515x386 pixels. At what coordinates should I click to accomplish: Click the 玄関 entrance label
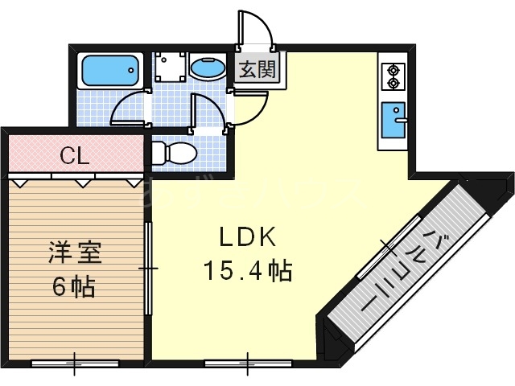257,69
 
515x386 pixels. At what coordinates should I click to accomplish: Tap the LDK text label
249,238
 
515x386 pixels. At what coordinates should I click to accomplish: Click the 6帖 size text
74,286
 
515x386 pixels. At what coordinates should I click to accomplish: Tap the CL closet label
74,155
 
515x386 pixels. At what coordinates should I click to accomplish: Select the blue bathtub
111,71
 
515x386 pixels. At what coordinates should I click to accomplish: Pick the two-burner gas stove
393,76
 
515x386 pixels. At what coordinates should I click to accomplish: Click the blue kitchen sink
394,121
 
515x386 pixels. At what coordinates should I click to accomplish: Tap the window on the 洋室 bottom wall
74,363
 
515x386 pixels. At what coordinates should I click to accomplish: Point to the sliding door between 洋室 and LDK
148,267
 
